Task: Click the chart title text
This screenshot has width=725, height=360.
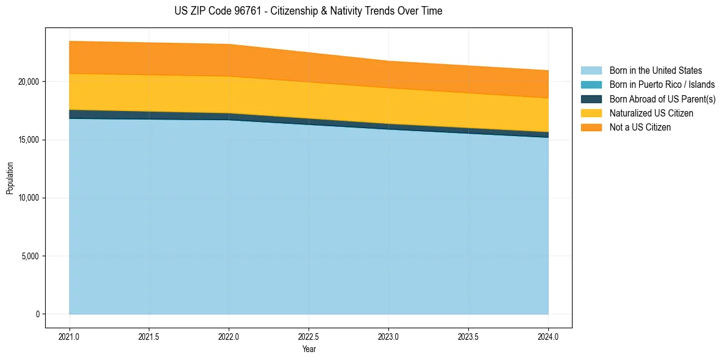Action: click(x=309, y=11)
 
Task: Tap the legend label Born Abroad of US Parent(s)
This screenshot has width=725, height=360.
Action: click(x=662, y=99)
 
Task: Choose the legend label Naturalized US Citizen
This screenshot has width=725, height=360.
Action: click(x=651, y=113)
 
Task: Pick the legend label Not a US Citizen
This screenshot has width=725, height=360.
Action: click(x=640, y=128)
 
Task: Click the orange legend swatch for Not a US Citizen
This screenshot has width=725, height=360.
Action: click(x=591, y=128)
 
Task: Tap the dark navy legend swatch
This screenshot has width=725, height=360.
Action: click(x=591, y=99)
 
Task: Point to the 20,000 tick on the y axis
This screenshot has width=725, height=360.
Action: click(x=29, y=82)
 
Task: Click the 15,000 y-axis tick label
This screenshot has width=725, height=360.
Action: click(x=29, y=140)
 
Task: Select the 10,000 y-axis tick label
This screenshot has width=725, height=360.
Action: click(x=29, y=198)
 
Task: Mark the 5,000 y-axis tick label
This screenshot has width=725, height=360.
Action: click(x=31, y=256)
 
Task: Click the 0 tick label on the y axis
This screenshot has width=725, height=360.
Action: click(x=37, y=314)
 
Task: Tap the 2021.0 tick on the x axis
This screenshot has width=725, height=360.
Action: click(x=69, y=336)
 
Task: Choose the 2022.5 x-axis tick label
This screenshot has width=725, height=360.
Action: click(x=309, y=336)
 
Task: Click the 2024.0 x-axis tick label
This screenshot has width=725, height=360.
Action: click(x=548, y=336)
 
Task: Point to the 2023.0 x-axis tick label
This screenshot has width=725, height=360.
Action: click(x=388, y=336)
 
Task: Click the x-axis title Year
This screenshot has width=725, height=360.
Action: click(x=309, y=349)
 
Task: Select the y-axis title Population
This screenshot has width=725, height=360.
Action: click(x=10, y=178)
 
